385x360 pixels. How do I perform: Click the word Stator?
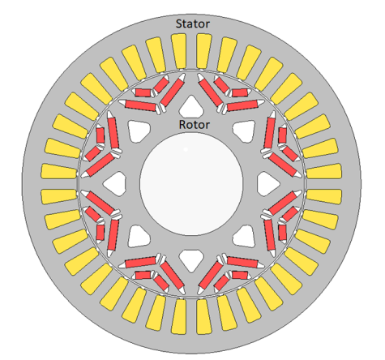(193, 24)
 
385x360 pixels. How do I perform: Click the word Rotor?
(195, 125)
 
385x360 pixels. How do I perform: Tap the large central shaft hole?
(191, 183)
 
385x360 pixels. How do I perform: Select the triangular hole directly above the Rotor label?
(191, 106)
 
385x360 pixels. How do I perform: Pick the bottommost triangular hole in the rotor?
(191, 261)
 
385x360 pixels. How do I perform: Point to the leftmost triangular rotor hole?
(115, 183)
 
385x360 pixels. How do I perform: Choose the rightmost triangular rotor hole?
(268, 183)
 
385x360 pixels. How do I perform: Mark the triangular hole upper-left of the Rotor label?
(139, 131)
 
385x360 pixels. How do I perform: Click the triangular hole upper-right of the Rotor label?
(244, 131)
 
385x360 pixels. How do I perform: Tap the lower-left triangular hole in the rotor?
(139, 236)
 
